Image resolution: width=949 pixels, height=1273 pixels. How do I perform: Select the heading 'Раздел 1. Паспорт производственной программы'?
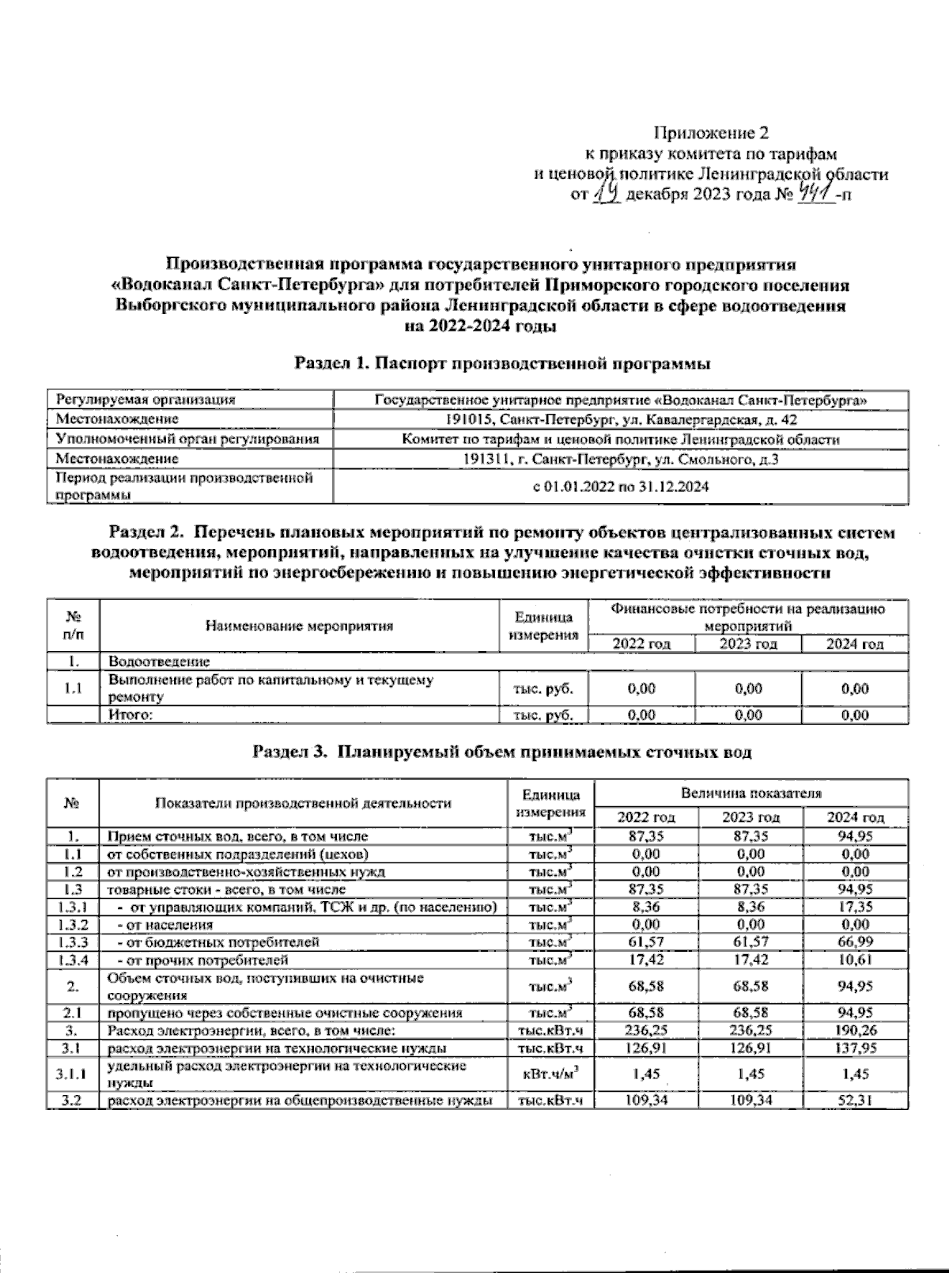502,364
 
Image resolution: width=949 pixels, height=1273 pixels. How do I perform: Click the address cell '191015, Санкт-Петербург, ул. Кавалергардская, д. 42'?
621,419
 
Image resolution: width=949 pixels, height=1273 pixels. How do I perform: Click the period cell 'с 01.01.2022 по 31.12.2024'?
621,487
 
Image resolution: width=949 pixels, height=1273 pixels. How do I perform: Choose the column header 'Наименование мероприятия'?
300,627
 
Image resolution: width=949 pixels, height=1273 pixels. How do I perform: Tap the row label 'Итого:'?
130,715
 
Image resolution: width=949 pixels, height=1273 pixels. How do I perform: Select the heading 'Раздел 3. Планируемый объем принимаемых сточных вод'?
501,752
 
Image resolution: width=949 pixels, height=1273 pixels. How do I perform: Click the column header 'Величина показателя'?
751,792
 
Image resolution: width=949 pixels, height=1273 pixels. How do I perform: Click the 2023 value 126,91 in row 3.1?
750,1048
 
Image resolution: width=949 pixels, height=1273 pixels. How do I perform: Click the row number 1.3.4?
72,960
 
